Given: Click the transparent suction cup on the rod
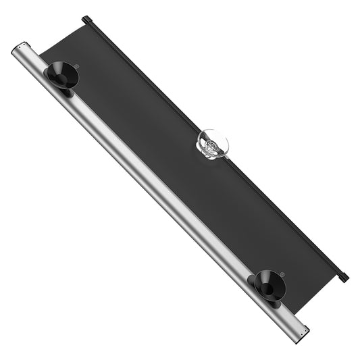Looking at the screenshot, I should click(x=212, y=144).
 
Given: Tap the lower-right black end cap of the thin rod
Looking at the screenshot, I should click(x=343, y=276).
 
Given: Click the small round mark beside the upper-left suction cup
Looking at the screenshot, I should click(x=78, y=66).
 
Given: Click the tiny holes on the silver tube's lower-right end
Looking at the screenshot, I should click(x=305, y=331).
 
